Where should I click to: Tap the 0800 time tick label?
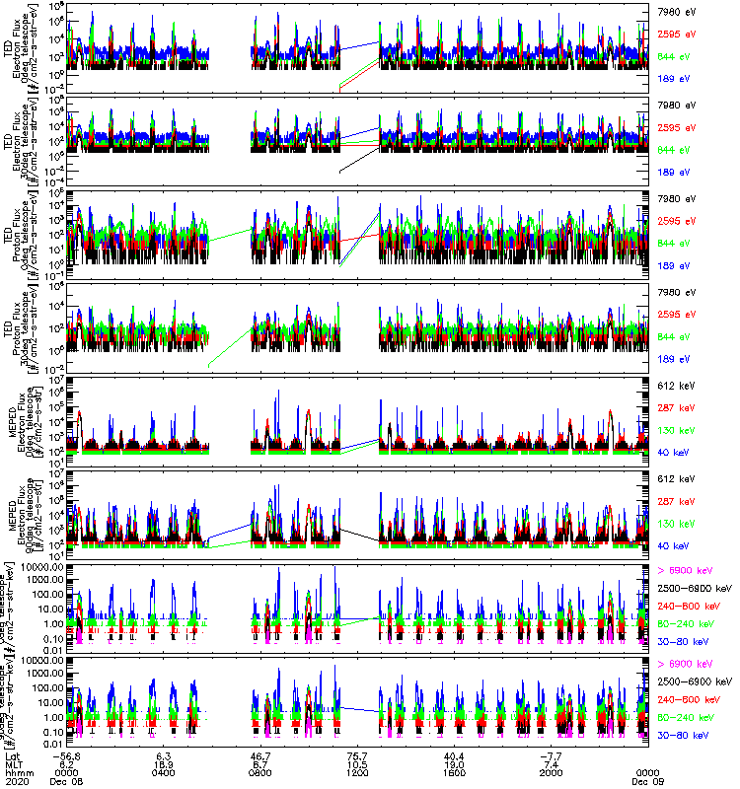point(260,772)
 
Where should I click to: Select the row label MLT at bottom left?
point(13,764)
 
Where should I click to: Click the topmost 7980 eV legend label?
point(676,13)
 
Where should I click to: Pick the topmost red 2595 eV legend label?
point(676,35)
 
